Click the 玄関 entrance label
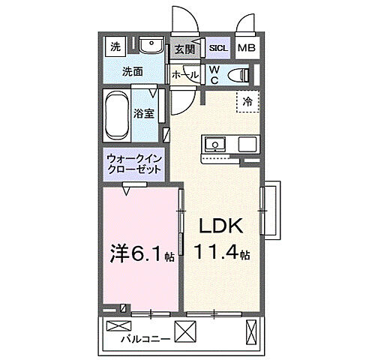(x=184, y=49)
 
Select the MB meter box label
(x=246, y=49)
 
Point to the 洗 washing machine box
(x=115, y=46)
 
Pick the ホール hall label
(x=185, y=75)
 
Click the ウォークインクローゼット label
(x=134, y=164)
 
